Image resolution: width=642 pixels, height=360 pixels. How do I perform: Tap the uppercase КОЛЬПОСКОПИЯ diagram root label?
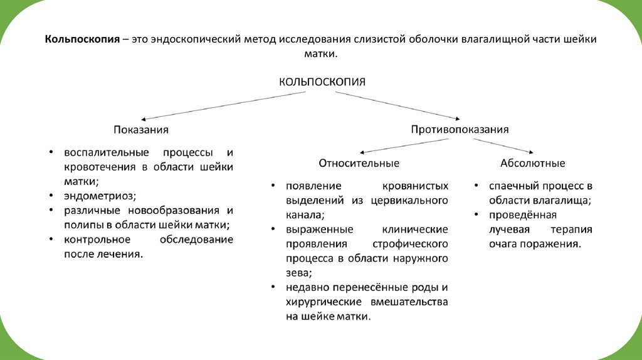[x=322, y=82]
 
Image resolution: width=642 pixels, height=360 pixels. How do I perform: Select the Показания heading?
[x=141, y=129]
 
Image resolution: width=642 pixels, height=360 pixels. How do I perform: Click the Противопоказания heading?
[x=460, y=129]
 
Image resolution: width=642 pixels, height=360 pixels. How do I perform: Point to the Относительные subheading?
[x=359, y=163]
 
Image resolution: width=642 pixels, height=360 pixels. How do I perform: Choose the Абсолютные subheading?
[x=532, y=163]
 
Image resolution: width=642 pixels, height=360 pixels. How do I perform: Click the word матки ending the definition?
[x=320, y=55]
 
